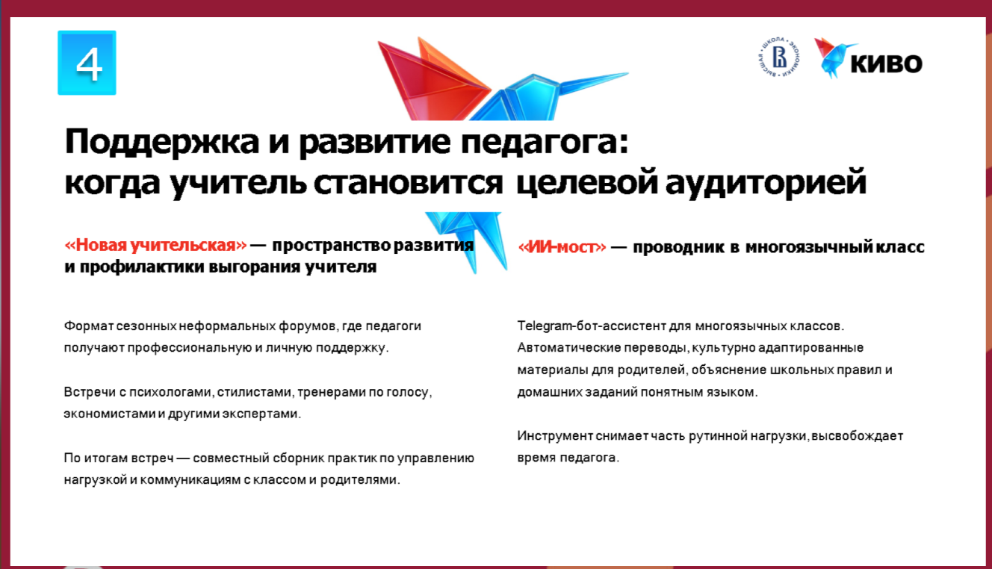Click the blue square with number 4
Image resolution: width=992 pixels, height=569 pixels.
(x=87, y=63)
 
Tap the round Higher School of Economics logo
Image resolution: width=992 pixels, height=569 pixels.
(x=779, y=57)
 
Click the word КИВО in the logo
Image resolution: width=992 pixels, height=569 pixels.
(x=887, y=63)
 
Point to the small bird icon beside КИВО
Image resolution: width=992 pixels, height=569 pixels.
(x=834, y=57)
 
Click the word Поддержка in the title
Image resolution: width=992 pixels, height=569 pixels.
(x=161, y=142)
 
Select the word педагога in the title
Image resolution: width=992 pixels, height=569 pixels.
(x=545, y=142)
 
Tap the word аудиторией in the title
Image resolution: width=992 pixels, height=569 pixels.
(x=766, y=181)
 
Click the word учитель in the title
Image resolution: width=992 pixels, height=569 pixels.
(x=238, y=182)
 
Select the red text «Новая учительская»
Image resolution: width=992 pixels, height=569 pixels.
(x=155, y=245)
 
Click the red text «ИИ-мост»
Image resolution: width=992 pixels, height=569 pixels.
(x=562, y=246)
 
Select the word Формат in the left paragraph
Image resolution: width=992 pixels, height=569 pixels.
(x=89, y=326)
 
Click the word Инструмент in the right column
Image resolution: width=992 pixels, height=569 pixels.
(x=555, y=436)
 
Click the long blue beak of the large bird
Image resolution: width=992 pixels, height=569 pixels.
(x=593, y=82)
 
